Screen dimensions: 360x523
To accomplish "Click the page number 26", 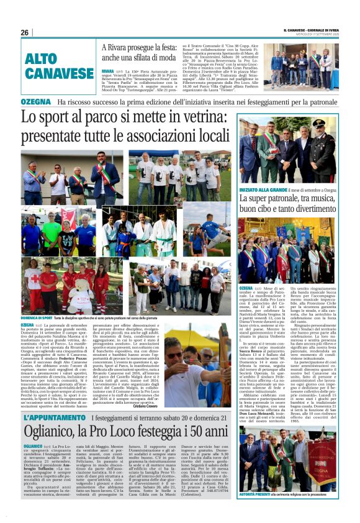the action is pos(25,32).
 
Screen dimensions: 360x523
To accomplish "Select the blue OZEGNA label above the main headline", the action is pos(35,101).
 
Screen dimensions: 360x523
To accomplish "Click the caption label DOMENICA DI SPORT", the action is pos(37,318).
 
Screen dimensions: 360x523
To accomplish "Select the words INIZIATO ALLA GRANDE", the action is pos(261,189).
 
